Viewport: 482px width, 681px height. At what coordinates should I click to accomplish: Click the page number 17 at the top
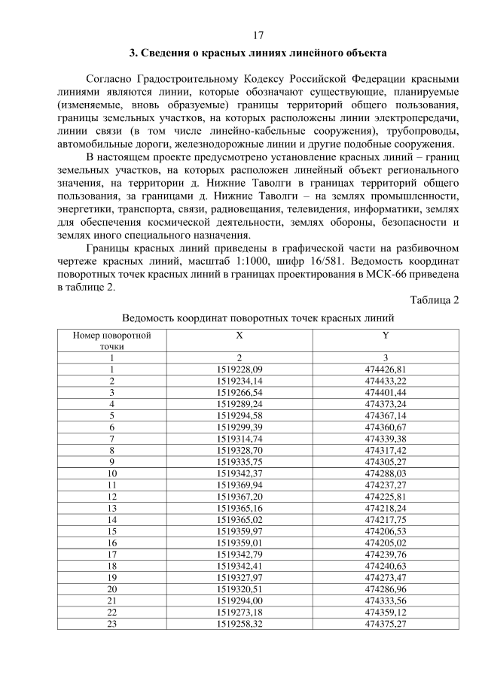[x=258, y=35]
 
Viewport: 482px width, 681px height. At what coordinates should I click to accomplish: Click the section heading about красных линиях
[x=258, y=53]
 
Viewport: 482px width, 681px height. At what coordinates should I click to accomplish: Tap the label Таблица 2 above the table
[x=435, y=301]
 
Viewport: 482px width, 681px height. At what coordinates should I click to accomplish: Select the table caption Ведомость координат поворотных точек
[x=258, y=318]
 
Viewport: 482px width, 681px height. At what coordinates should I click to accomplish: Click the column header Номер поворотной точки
[x=111, y=339]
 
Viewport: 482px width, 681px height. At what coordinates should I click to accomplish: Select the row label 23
[x=111, y=624]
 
